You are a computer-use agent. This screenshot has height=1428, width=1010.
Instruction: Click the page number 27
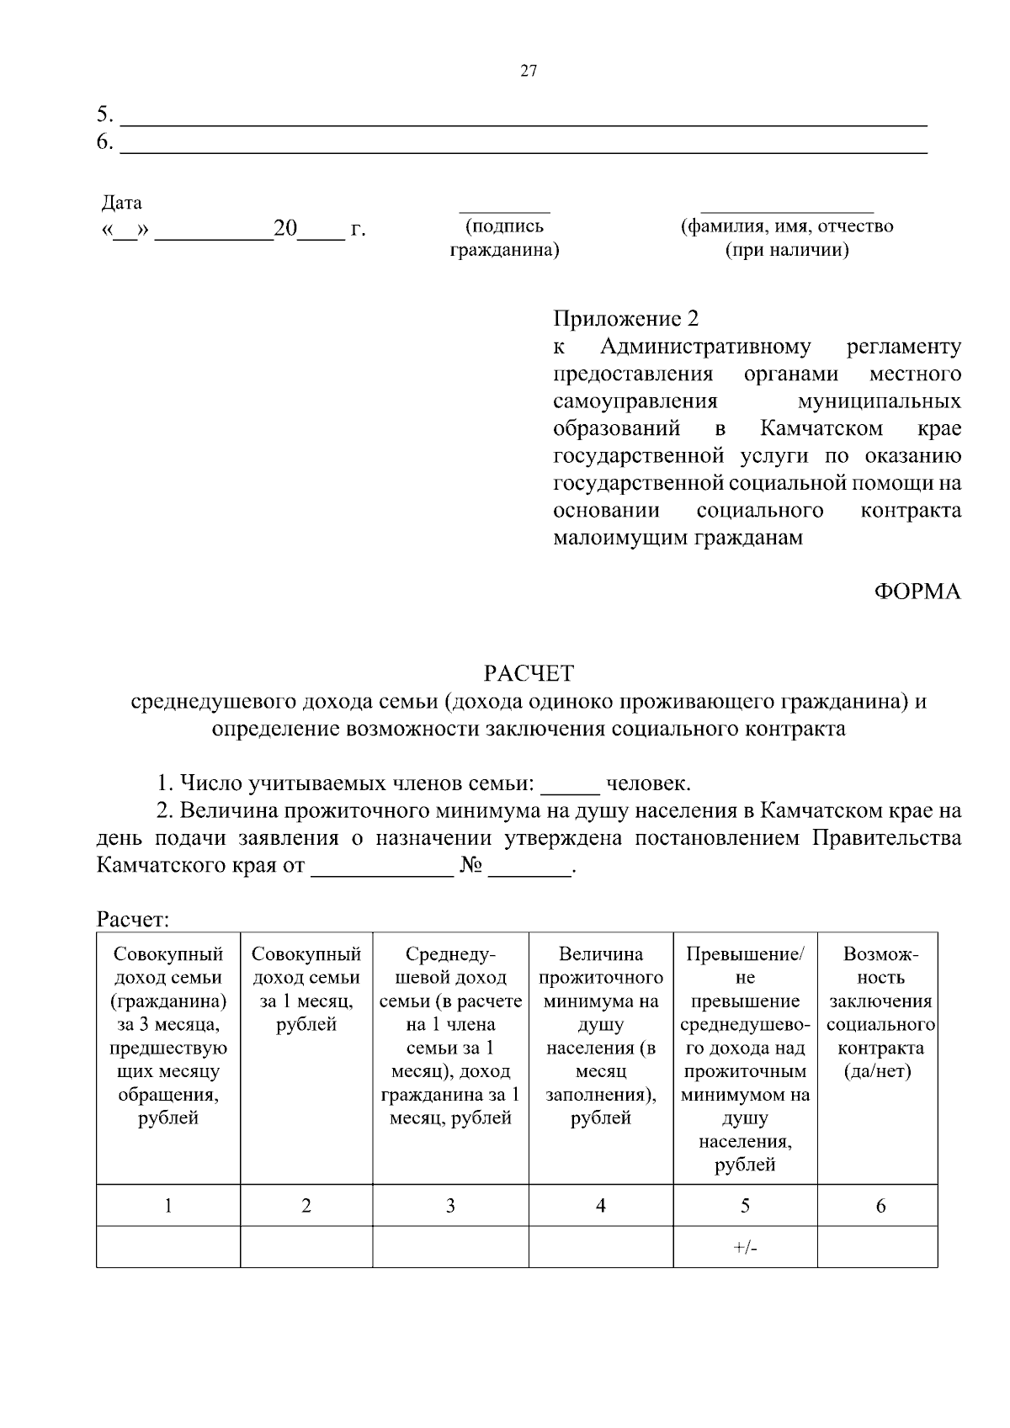[529, 72]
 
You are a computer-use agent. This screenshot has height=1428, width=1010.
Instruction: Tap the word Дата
[122, 203]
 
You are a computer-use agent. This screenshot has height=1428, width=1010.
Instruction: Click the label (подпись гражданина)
[504, 238]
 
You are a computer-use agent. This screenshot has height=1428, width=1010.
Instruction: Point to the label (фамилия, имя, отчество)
[786, 226]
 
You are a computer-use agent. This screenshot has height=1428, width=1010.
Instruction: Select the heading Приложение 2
[625, 319]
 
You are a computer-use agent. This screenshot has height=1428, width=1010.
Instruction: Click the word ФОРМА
[917, 592]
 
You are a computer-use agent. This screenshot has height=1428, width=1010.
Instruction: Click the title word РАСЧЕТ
[529, 673]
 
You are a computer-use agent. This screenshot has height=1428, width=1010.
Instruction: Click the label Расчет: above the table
[134, 919]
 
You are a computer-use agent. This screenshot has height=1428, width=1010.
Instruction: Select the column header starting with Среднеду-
[450, 1036]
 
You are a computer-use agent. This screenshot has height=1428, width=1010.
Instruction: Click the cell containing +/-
[745, 1248]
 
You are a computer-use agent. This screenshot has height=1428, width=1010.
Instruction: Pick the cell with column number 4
[601, 1206]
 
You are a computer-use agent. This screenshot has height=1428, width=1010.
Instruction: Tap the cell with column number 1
[168, 1206]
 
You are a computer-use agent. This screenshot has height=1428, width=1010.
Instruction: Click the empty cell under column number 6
[877, 1247]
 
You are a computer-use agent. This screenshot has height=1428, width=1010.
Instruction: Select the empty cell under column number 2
[306, 1247]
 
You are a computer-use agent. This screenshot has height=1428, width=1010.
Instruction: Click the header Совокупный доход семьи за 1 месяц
[306, 989]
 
